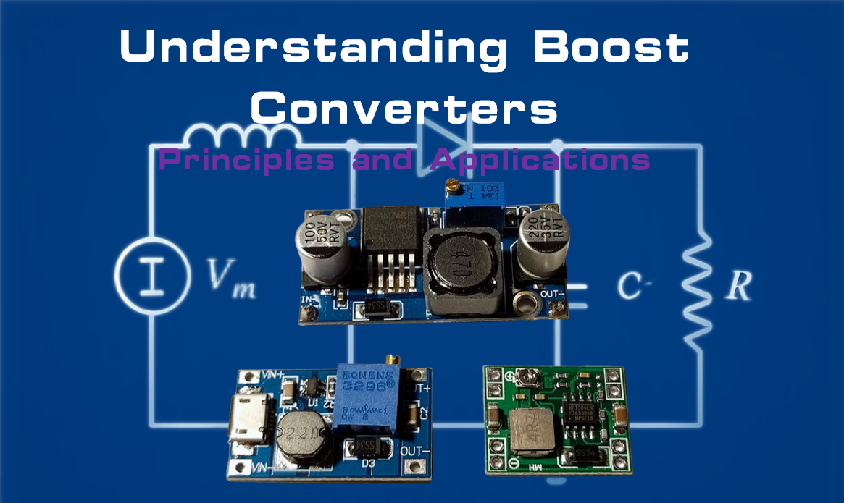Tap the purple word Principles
coord(246,159)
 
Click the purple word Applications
coord(540,161)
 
